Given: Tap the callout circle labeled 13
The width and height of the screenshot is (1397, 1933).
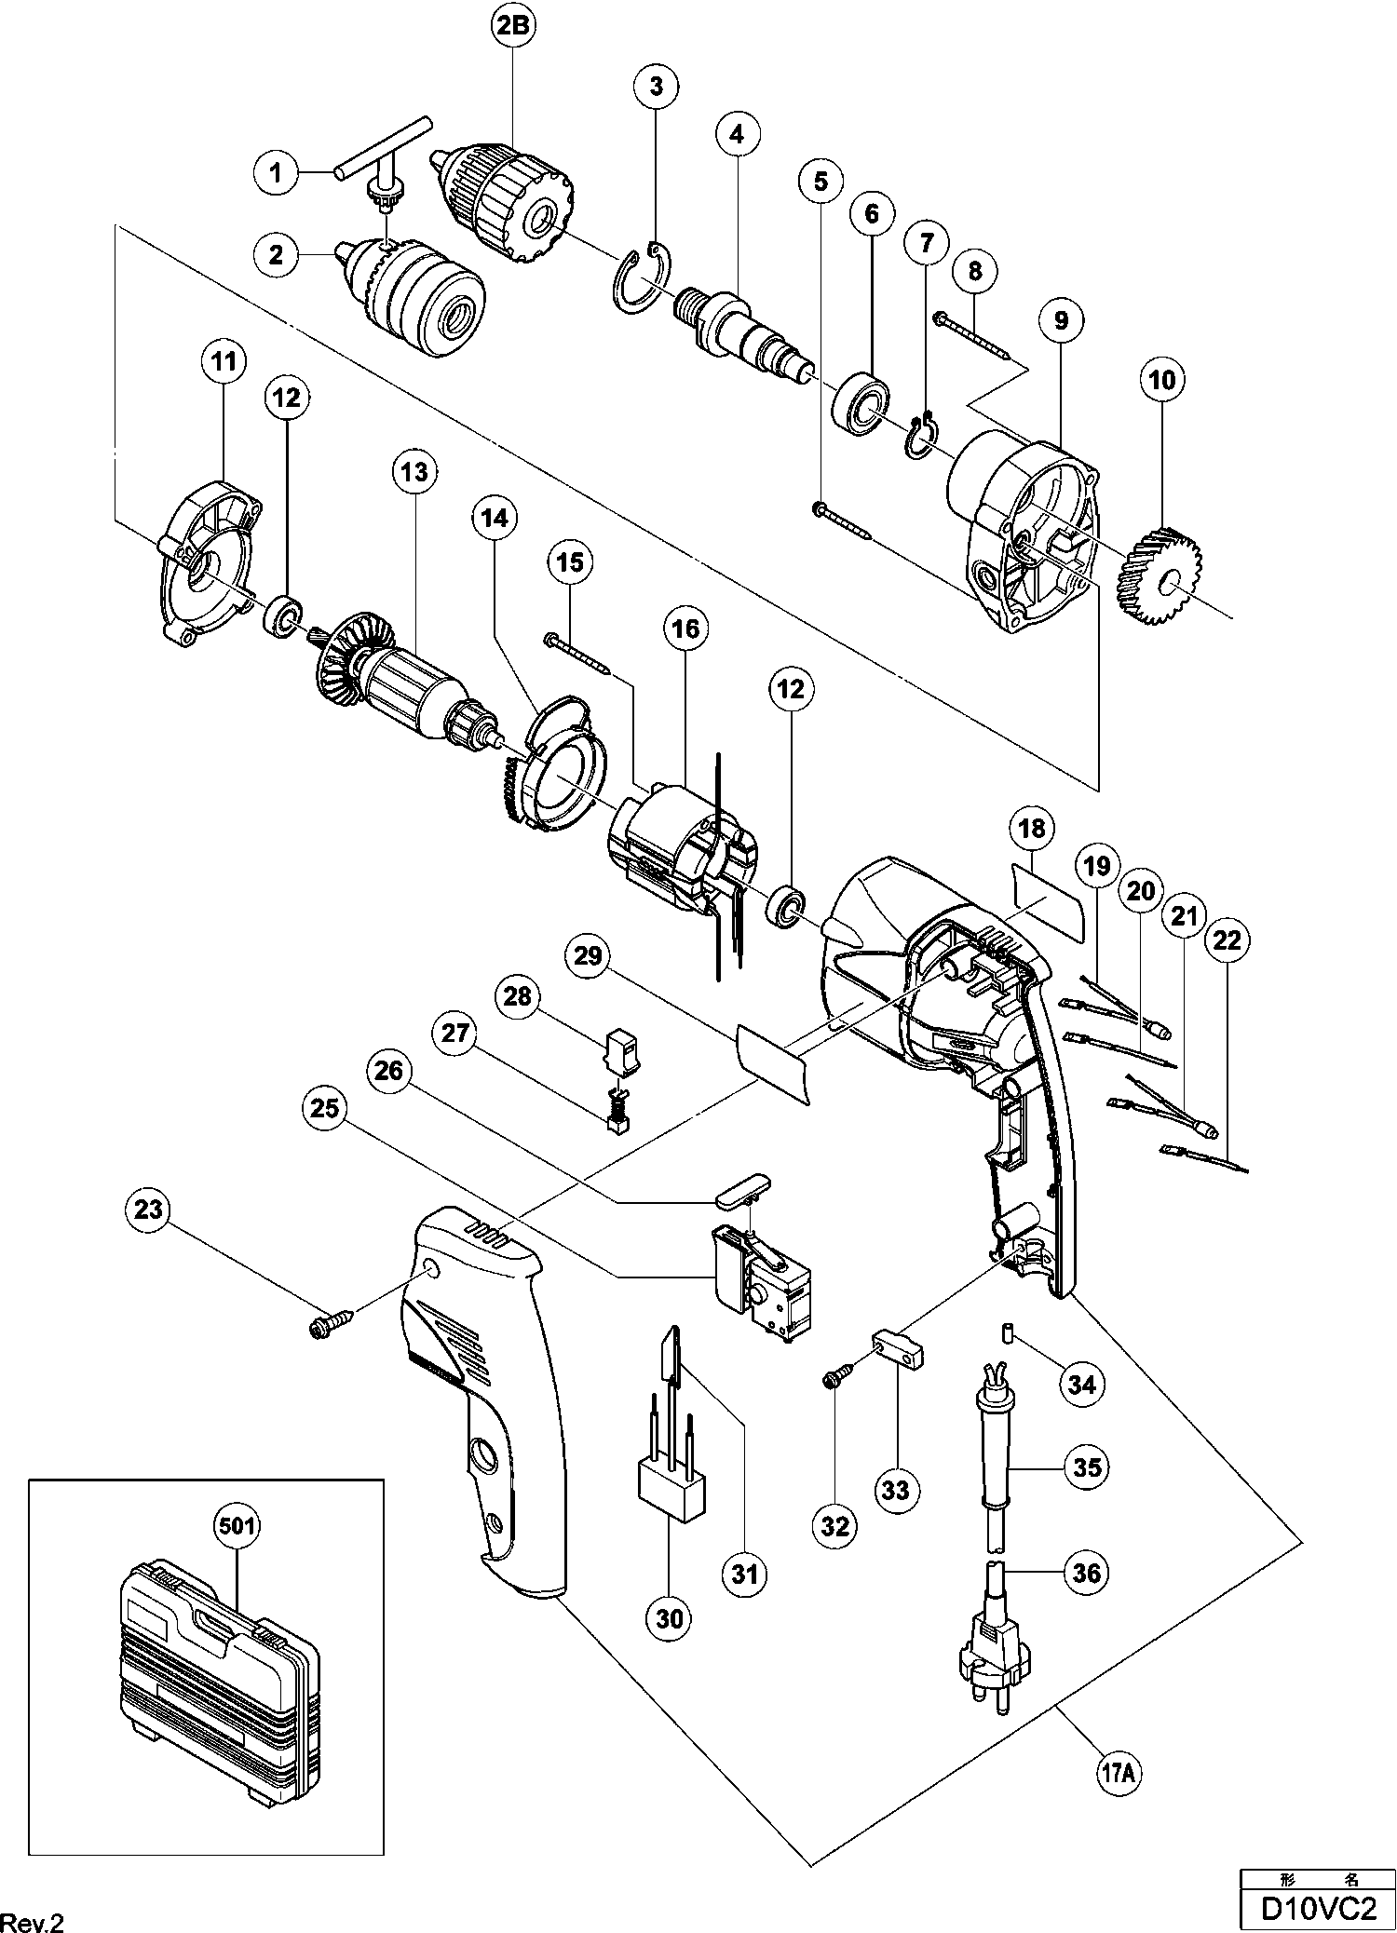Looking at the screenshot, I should tap(414, 471).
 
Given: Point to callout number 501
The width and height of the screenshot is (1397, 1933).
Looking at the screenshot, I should tap(237, 1526).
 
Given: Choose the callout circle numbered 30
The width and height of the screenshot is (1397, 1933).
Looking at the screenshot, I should tap(670, 1618).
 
